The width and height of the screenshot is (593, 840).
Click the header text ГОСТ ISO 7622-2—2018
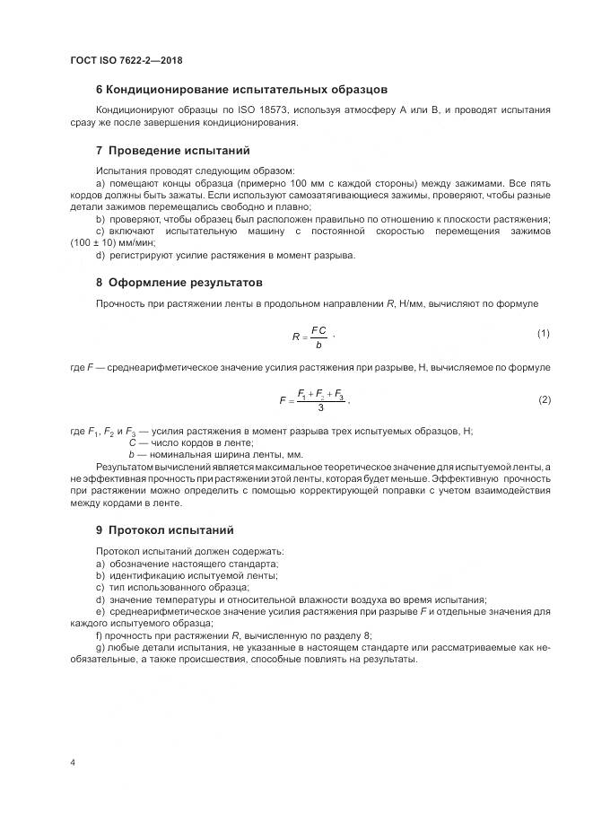126,60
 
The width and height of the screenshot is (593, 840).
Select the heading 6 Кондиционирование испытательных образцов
241,90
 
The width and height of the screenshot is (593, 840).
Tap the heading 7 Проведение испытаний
172,150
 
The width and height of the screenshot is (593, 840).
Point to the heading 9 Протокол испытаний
164,529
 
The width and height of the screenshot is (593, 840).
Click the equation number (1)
543,334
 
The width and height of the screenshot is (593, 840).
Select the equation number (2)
544,398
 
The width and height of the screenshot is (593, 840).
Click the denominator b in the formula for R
318,343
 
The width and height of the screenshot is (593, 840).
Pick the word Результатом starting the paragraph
125,468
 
